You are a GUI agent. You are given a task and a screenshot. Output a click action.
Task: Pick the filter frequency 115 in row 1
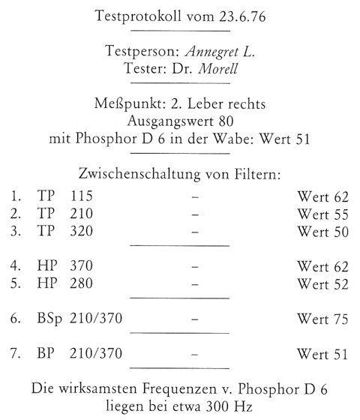click(80, 199)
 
